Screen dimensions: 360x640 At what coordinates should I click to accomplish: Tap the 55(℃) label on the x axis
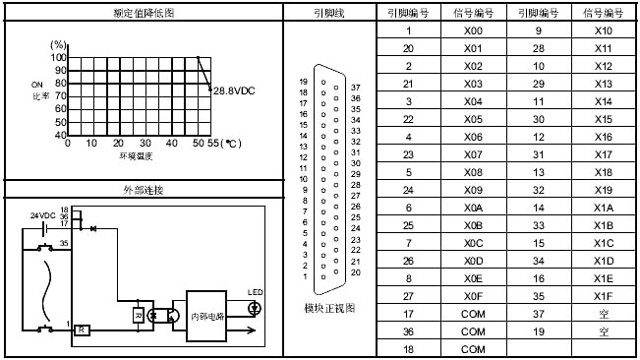(220, 144)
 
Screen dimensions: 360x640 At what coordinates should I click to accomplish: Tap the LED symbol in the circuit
(256, 308)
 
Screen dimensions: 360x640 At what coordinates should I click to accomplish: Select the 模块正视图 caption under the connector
(330, 308)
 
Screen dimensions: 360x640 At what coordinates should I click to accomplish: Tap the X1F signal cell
(604, 296)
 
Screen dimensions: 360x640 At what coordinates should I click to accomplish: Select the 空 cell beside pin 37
(604, 314)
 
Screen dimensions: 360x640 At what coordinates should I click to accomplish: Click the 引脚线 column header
(330, 13)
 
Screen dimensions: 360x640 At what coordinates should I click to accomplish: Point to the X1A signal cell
(604, 208)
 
